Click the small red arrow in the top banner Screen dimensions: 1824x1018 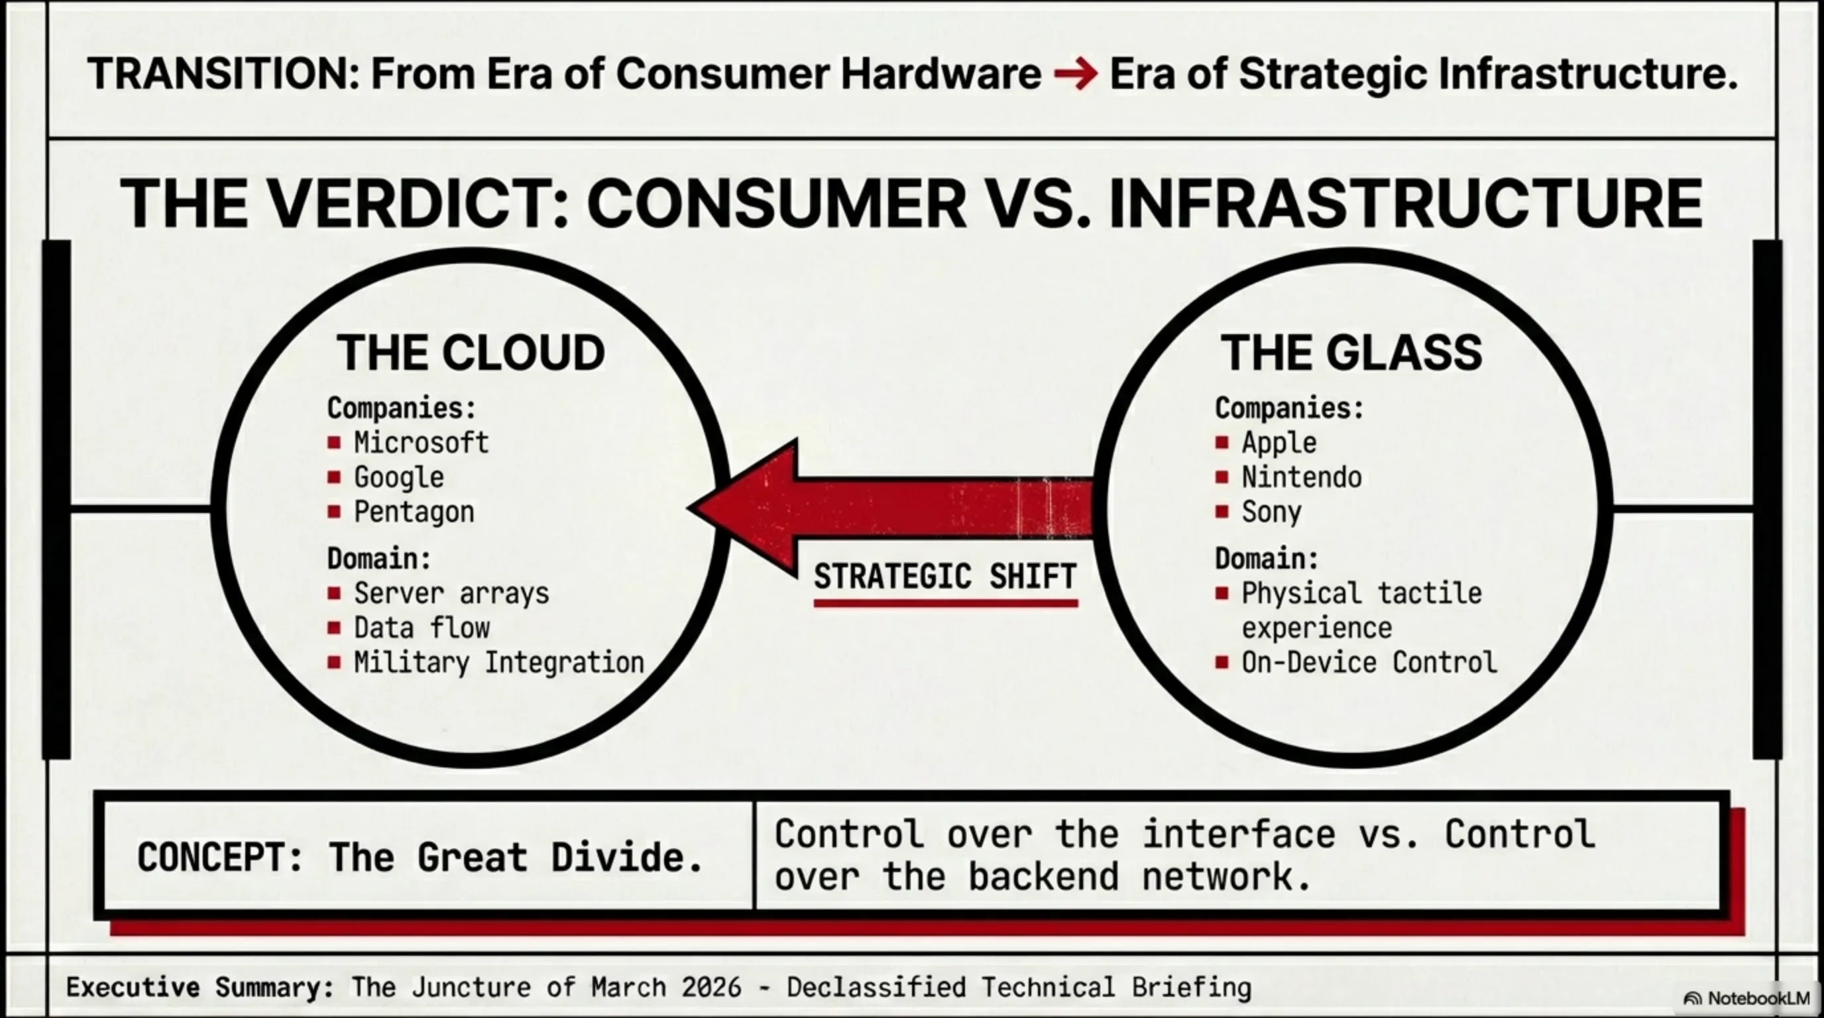click(1076, 74)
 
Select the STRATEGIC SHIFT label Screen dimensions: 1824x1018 click(945, 576)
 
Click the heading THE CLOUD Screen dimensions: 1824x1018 click(471, 353)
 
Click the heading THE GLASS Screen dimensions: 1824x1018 click(1351, 353)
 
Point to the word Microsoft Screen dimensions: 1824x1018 click(422, 443)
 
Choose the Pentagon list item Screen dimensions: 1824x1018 click(414, 512)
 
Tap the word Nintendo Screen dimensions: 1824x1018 click(1302, 477)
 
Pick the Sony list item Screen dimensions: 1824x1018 click(1272, 512)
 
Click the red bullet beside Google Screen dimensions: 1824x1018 click(334, 477)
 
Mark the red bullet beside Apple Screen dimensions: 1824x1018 click(1222, 443)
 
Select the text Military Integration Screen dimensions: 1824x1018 click(499, 663)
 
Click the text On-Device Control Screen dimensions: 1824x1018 click(1369, 663)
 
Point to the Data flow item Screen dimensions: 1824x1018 click(422, 628)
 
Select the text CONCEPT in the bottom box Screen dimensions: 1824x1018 click(220, 858)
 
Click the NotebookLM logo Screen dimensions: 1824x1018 click(1747, 998)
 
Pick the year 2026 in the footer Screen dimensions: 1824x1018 click(712, 987)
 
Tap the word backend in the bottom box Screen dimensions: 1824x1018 click(1044, 876)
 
